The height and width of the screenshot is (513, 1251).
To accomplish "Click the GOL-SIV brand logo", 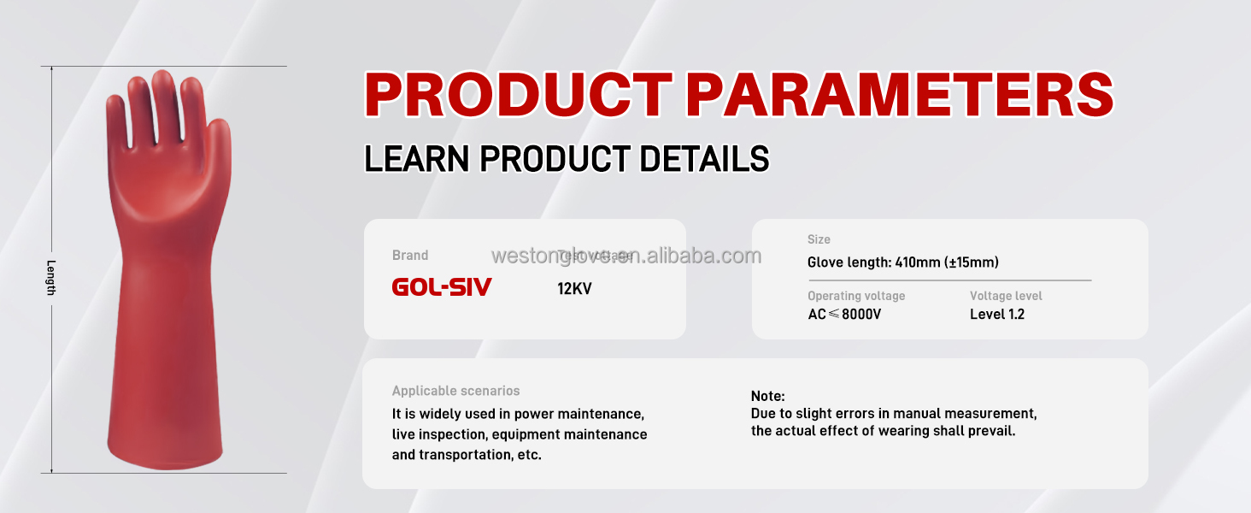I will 442,287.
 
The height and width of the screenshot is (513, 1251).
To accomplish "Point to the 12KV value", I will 574,289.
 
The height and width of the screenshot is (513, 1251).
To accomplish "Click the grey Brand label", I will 410,255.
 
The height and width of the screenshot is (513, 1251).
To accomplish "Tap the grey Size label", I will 819,239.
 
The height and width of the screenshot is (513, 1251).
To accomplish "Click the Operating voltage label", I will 856,296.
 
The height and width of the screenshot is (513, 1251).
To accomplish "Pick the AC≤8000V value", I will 844,314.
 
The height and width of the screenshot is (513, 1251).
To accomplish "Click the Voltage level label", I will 1006,296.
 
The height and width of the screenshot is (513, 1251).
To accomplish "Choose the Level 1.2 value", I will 996,314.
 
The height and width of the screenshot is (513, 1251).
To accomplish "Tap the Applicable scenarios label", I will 455,391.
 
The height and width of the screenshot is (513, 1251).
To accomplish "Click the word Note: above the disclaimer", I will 767,396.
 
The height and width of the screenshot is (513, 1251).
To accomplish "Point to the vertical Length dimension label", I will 51,277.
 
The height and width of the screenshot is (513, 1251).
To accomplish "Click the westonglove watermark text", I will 626,256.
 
